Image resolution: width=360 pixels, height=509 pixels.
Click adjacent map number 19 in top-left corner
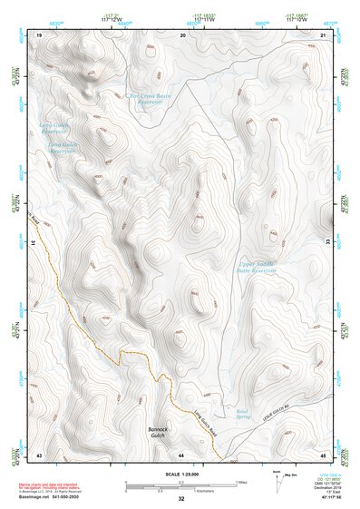[39, 34]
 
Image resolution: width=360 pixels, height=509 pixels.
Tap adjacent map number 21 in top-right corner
[325, 34]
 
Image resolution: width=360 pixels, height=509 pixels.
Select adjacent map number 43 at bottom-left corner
[39, 453]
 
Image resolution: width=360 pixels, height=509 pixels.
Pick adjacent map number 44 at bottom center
[181, 453]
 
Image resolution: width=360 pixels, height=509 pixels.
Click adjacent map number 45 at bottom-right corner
[324, 453]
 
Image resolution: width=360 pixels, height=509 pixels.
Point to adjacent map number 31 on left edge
[34, 243]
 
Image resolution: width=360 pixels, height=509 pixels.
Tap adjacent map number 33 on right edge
[328, 243]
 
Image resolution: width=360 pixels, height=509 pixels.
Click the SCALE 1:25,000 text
[181, 474]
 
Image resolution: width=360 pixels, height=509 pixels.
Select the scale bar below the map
[181, 484]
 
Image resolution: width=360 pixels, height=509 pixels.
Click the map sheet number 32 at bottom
[181, 499]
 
